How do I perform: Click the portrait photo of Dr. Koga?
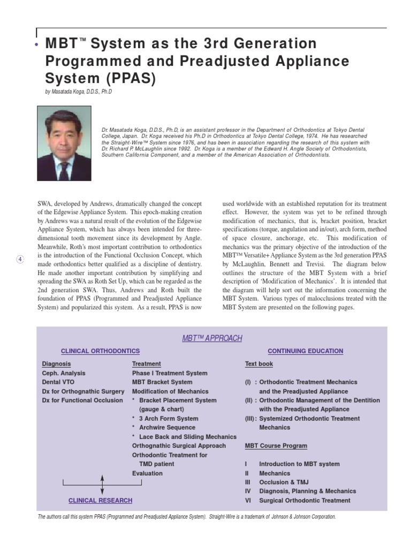(64, 143)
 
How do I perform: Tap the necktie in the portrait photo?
(64, 170)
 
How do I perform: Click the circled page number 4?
(20, 260)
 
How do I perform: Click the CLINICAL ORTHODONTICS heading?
(100, 351)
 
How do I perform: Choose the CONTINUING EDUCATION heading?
(305, 351)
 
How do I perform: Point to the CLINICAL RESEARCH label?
(100, 500)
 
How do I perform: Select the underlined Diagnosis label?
(56, 364)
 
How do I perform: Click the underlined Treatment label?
(146, 364)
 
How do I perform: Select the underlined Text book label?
(259, 364)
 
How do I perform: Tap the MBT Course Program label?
(276, 446)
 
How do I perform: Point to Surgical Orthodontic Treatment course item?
(305, 500)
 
